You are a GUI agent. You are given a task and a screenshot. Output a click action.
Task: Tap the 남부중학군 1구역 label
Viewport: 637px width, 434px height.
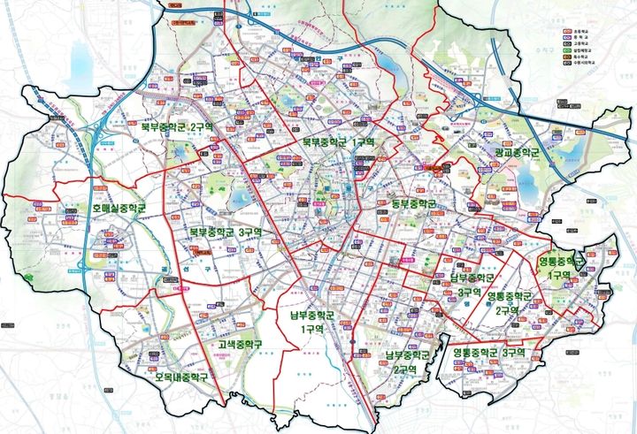click(312, 321)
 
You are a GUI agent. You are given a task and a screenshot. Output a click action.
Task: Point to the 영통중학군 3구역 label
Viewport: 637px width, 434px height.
click(489, 353)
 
